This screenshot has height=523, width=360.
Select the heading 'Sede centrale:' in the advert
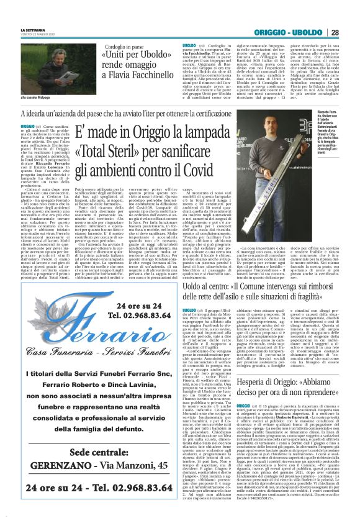(x=90, y=452)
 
